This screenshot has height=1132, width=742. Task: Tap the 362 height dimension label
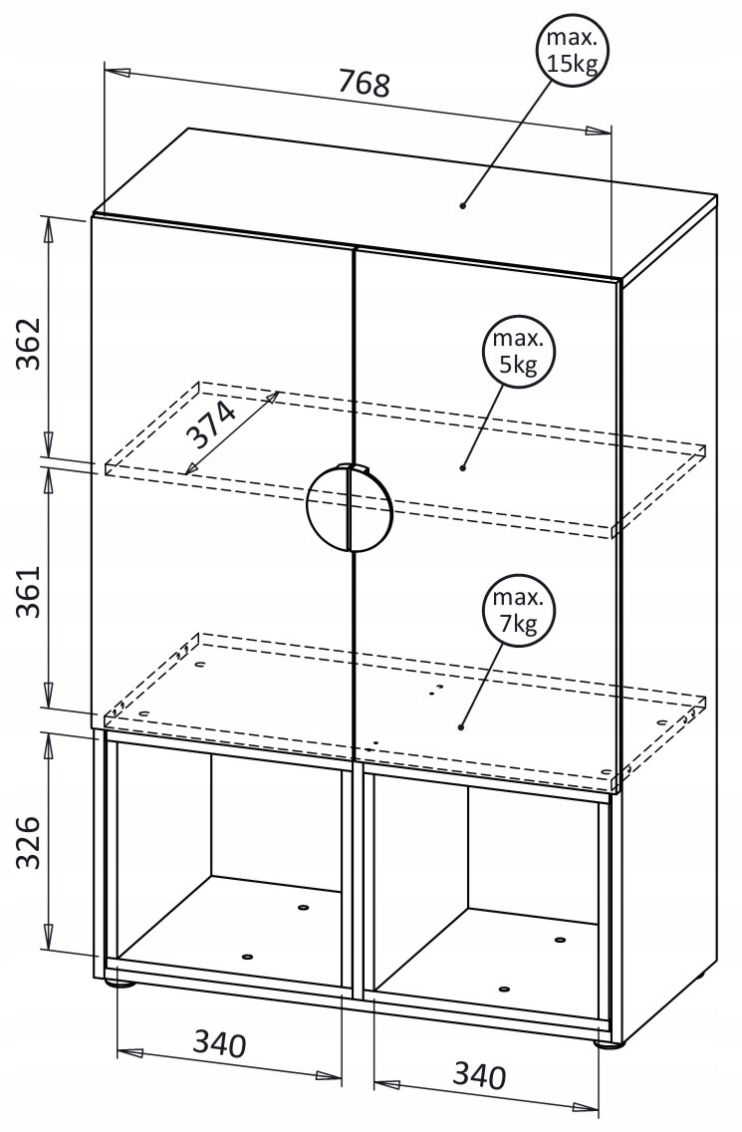point(31,344)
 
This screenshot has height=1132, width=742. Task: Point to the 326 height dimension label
point(31,842)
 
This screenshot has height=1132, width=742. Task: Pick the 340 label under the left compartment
point(219,1043)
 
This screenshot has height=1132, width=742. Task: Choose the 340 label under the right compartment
point(479,1075)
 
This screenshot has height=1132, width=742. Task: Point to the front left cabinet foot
point(122,984)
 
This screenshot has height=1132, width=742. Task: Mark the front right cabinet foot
point(606,1044)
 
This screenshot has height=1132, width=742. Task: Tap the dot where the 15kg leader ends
point(463,206)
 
